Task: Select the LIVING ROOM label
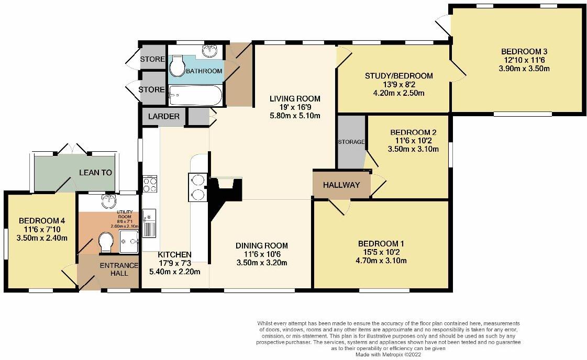tap(295, 98)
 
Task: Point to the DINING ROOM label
tap(261, 245)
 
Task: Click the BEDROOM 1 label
tap(381, 244)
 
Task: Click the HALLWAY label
tap(341, 185)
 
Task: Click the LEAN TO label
tap(95, 172)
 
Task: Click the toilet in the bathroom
tap(178, 66)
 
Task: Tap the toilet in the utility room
tap(106, 242)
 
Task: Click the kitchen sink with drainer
tap(149, 223)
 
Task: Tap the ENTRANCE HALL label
tap(119, 269)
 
